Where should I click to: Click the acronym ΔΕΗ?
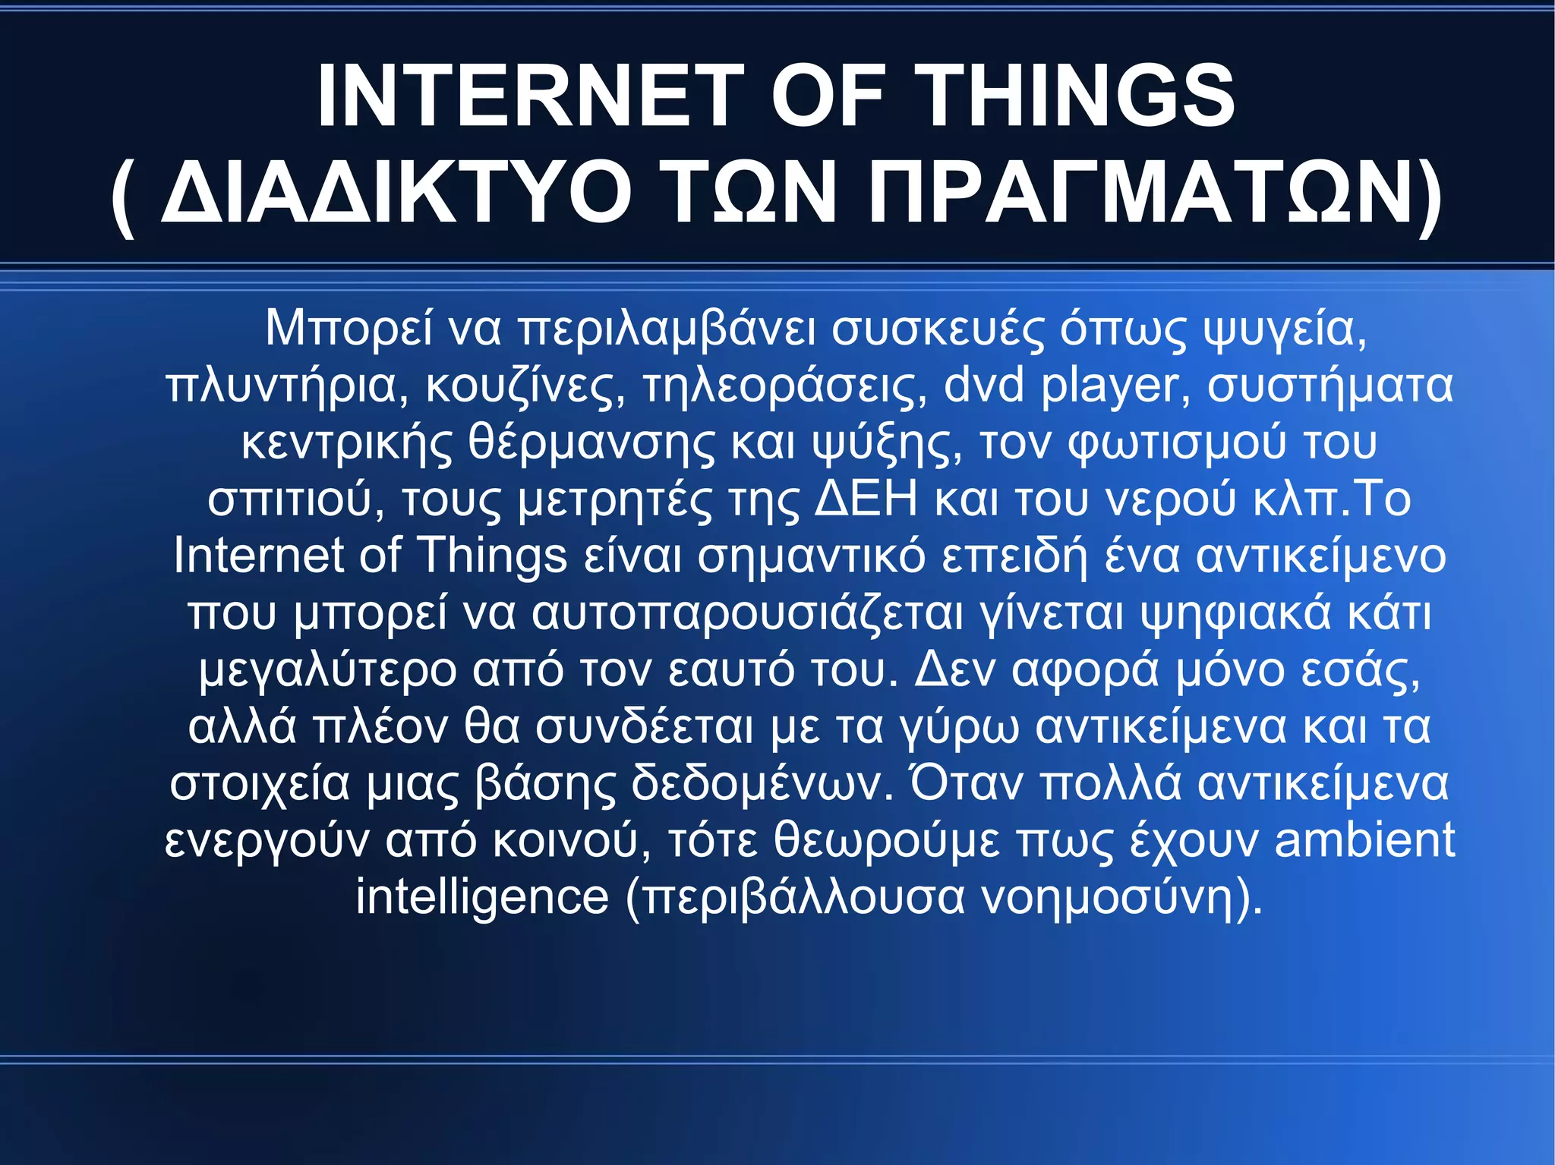866,499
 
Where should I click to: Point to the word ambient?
1364,839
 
